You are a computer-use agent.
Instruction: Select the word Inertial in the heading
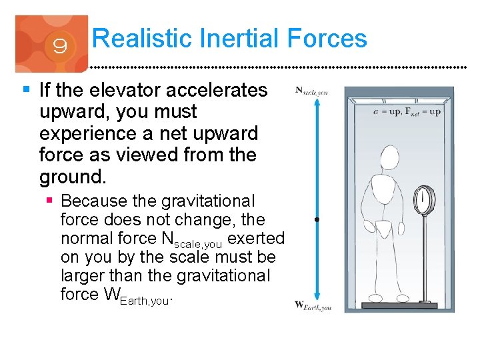click(243, 38)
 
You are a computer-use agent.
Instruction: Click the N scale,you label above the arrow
click(311, 91)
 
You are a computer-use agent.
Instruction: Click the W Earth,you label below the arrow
click(313, 305)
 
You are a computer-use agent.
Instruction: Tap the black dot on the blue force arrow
click(317, 219)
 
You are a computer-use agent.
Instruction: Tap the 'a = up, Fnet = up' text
click(407, 111)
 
